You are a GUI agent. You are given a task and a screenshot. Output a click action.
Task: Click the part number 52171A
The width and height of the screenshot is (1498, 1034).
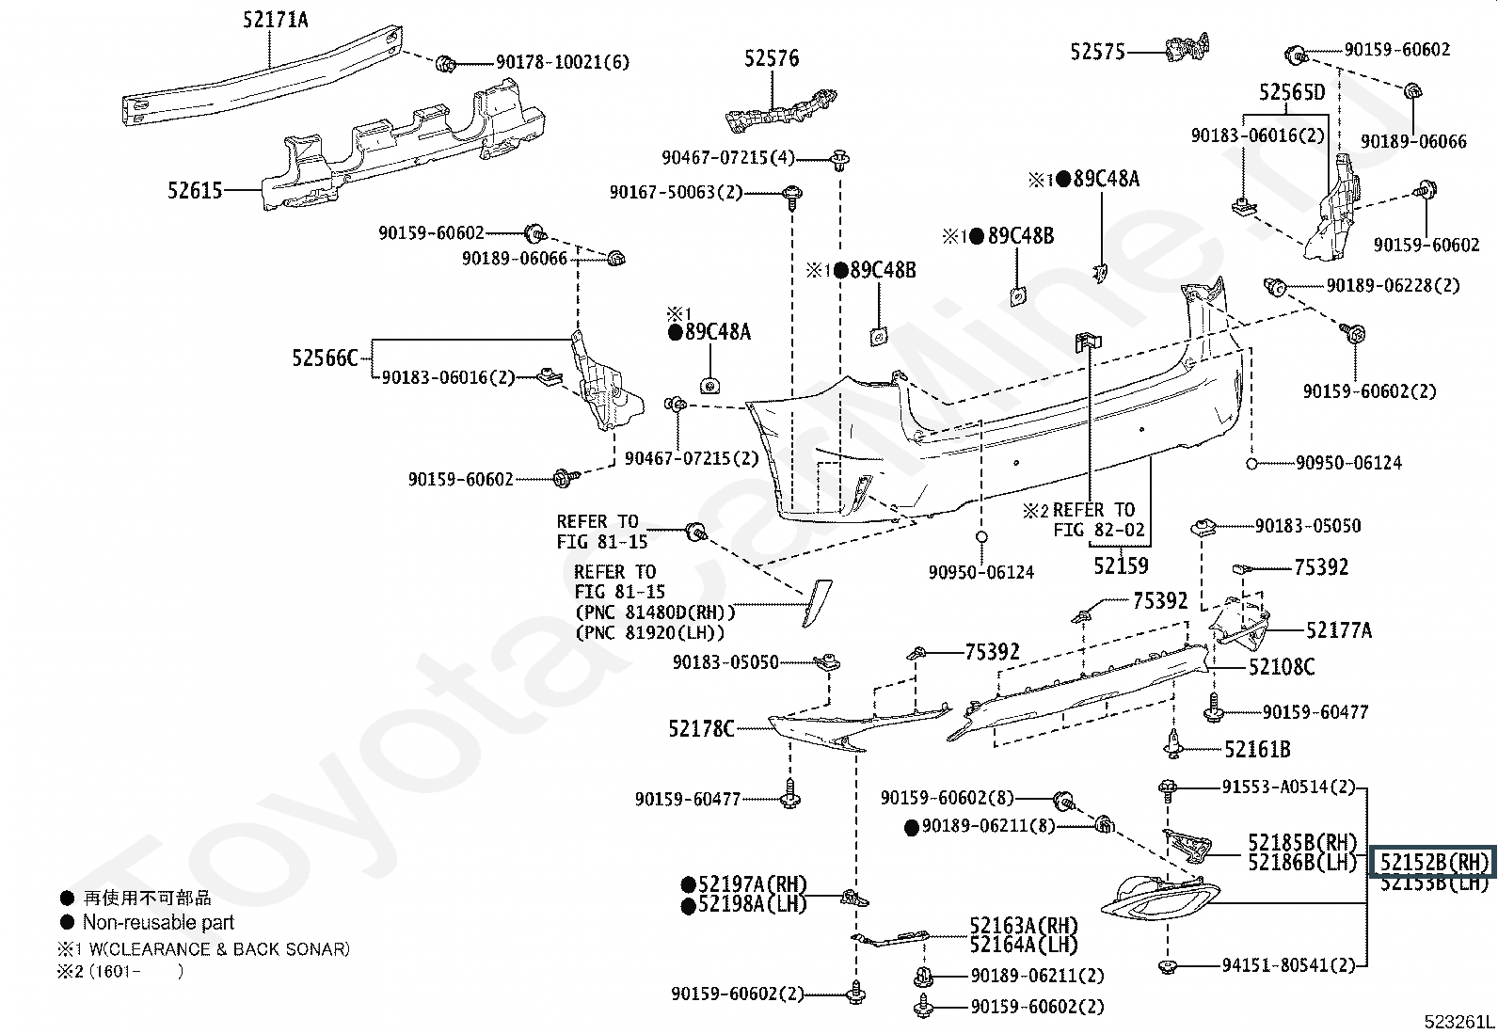(x=275, y=20)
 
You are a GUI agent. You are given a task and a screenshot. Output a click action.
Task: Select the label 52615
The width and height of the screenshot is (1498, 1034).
(x=195, y=191)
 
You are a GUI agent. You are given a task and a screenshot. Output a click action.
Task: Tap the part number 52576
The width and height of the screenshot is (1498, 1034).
(x=772, y=58)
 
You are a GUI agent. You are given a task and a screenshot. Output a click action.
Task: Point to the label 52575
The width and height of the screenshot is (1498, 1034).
(x=1097, y=52)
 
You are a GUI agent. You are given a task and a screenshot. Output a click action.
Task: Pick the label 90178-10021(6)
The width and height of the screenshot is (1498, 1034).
(x=563, y=62)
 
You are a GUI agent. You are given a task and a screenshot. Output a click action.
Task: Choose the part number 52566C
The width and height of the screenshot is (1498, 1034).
(x=325, y=358)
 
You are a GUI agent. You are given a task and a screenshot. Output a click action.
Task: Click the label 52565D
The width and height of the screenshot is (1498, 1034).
(x=1292, y=91)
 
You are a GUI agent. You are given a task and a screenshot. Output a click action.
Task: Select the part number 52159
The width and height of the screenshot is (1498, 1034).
(x=1121, y=565)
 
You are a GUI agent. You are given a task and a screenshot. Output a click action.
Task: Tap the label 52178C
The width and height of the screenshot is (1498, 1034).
(x=702, y=728)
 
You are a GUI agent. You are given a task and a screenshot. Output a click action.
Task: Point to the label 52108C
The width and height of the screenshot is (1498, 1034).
(x=1282, y=667)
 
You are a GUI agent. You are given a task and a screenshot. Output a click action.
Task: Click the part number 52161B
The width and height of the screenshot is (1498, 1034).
(x=1257, y=750)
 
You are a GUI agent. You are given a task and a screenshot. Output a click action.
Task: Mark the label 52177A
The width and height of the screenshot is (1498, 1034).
(x=1339, y=630)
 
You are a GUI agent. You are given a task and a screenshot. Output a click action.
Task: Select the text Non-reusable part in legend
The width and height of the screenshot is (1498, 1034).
(x=158, y=922)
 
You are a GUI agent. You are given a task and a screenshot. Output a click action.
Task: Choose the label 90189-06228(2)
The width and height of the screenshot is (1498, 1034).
(x=1393, y=286)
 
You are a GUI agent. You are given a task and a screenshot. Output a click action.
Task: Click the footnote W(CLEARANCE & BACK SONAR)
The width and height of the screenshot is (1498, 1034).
(x=219, y=949)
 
